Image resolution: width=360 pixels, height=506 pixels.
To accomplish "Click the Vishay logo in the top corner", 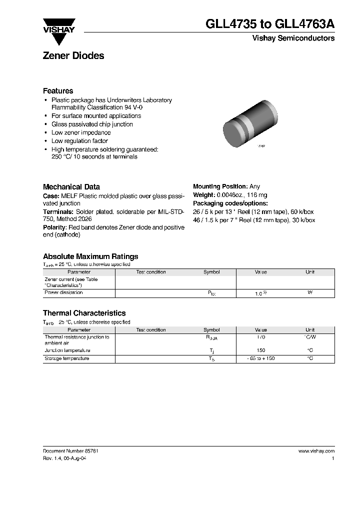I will point(58,26).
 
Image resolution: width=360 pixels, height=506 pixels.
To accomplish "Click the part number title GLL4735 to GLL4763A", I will point(270,24).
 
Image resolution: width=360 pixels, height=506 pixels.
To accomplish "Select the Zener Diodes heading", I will point(73,56).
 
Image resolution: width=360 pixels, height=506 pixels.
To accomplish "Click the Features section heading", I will point(58,91).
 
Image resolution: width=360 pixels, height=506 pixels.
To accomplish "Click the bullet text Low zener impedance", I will point(81,132).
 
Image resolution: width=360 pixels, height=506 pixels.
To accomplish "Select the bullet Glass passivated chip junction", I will point(92,124).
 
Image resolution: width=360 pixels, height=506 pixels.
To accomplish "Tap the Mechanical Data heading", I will point(71,186).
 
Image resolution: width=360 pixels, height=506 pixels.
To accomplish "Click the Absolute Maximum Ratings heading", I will point(90,256).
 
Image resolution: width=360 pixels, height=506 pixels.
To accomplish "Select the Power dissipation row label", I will point(63,292).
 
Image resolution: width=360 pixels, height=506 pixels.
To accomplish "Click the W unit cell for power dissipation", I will point(310,292).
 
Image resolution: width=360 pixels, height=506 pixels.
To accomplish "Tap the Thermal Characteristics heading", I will point(84,313).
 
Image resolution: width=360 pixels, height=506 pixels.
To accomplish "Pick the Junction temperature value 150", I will point(260,350).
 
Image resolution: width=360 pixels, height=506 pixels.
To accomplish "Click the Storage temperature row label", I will point(66,358).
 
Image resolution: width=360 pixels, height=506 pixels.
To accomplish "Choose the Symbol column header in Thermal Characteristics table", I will point(211,330).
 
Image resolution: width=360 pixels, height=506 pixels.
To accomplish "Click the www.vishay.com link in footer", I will point(316,451).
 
